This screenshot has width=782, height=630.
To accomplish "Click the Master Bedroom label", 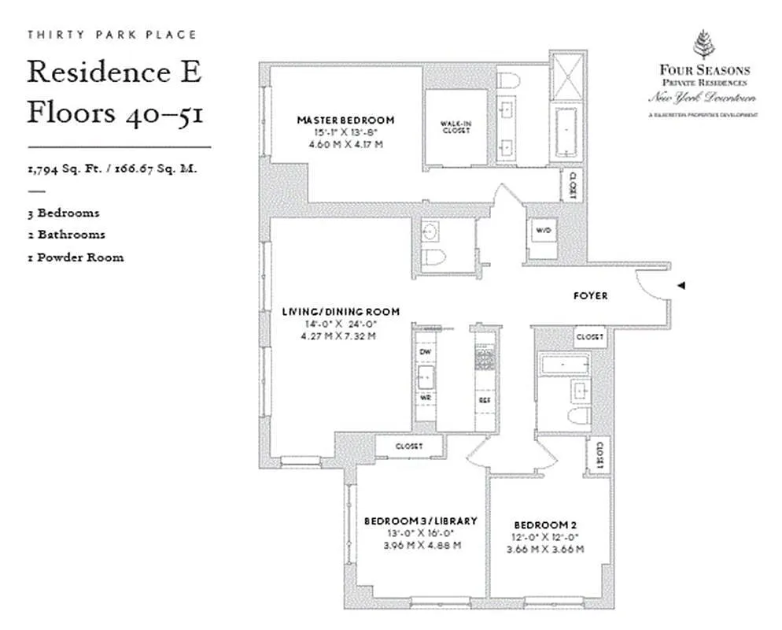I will coord(345,120).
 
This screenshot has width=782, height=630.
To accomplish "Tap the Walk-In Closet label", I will coord(456,126).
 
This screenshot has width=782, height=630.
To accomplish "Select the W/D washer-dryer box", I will coord(543,231).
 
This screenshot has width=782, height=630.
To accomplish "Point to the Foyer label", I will coord(589,296).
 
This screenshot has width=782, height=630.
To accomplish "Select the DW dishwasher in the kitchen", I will coord(425,351).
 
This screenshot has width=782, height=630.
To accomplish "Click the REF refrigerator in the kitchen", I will coord(485,399).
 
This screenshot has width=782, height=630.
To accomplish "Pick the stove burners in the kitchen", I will coord(485,360).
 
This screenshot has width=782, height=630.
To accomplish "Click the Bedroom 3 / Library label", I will coord(420,521).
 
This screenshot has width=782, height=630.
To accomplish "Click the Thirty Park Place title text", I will coord(112,35).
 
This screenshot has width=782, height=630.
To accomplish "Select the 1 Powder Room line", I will coord(76,258).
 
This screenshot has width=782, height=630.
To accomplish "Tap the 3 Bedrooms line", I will coord(64,213).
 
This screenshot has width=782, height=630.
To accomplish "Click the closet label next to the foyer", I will coord(589,337).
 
